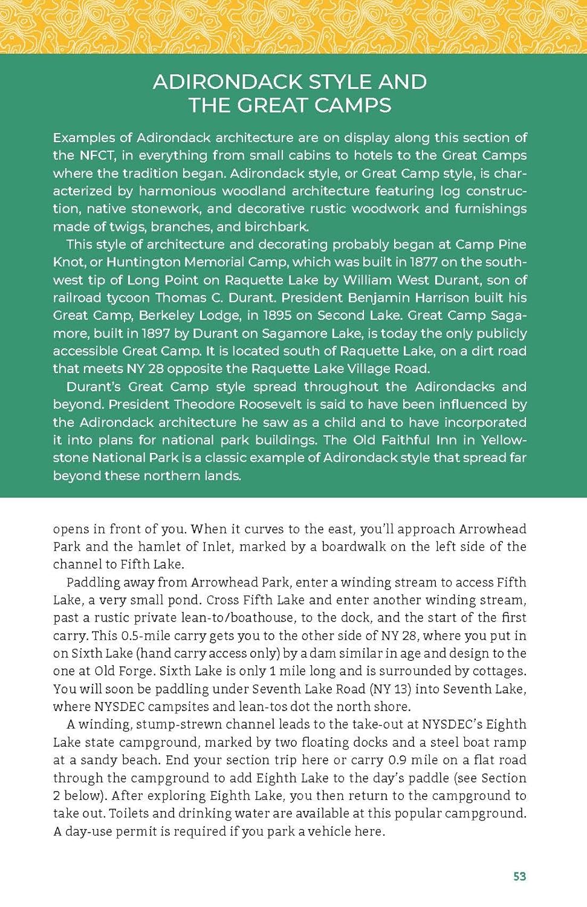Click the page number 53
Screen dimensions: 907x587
tap(519, 876)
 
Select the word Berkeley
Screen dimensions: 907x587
tap(175, 315)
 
